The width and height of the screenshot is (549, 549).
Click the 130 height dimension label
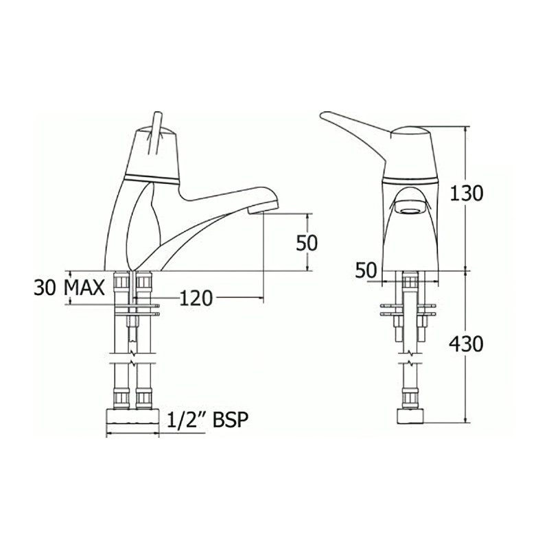point(467,194)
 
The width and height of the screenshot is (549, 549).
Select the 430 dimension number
point(467,343)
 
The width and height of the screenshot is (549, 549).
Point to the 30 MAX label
point(69,287)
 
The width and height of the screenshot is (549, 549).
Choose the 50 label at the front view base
point(366,270)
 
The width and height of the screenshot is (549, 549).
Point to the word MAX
point(85,287)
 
